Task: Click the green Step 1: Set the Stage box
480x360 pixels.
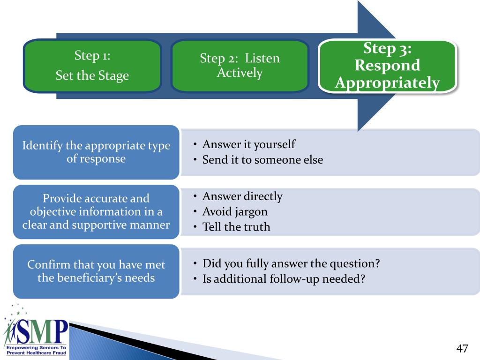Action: pyautogui.click(x=92, y=66)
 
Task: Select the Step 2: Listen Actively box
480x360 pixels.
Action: pyautogui.click(x=240, y=66)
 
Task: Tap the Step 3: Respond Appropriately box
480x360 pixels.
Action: pyautogui.click(x=387, y=66)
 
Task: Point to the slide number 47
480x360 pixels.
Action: pyautogui.click(x=462, y=348)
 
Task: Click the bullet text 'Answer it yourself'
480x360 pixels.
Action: pyautogui.click(x=248, y=144)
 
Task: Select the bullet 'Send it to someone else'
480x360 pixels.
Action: pyautogui.click(x=262, y=160)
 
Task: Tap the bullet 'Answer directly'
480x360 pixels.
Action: pyautogui.click(x=242, y=196)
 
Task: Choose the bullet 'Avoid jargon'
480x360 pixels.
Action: pyautogui.click(x=235, y=211)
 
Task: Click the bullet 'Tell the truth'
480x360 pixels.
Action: pyautogui.click(x=236, y=227)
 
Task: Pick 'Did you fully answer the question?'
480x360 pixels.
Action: pyautogui.click(x=291, y=263)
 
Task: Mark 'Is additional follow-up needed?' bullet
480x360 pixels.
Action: pyautogui.click(x=284, y=279)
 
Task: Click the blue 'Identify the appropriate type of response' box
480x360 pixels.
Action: pyautogui.click(x=96, y=152)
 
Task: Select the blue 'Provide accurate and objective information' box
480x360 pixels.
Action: pyautogui.click(x=96, y=212)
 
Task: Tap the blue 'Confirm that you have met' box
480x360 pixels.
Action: pyautogui.click(x=96, y=271)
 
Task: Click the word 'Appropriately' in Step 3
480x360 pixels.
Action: pyautogui.click(x=388, y=83)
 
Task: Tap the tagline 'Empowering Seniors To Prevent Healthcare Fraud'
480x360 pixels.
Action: pyautogui.click(x=36, y=350)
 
